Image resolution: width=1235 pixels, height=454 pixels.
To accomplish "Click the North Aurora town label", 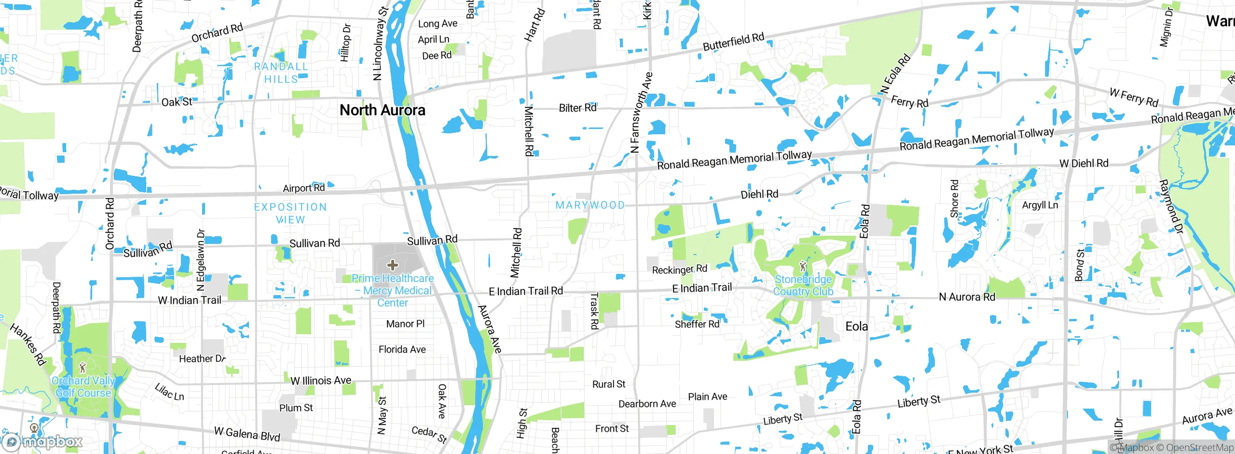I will coord(382,110).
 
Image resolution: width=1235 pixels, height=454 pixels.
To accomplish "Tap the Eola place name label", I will coord(856,326).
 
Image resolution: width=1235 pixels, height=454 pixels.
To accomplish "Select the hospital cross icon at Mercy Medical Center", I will coord(393,265).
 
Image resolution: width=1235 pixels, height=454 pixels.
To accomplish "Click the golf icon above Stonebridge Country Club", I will coord(803,266).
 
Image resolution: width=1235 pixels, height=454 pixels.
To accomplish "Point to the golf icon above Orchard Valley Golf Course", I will coord(82,368).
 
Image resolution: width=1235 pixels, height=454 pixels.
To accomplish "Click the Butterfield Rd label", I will coord(733,42).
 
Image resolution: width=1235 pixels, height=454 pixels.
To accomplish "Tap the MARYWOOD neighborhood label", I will coord(590,205).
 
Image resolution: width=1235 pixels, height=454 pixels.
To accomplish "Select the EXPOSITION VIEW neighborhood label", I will coord(290,213).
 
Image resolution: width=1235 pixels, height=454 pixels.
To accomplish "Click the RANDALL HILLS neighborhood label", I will coord(281,73).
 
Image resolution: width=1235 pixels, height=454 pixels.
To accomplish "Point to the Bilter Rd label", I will coord(577,108).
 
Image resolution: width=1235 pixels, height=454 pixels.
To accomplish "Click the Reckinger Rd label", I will coord(679,270).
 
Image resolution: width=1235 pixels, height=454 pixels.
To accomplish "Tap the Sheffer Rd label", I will coord(697,324).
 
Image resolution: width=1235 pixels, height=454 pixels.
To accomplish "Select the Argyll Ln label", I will coord(1040,205).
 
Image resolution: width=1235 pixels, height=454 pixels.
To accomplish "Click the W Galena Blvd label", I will coord(247,434).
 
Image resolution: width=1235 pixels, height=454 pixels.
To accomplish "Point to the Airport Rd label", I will coord(303,188).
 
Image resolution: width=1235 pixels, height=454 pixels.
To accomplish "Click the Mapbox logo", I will coord(43,441).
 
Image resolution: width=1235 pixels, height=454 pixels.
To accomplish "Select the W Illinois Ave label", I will coord(321,381).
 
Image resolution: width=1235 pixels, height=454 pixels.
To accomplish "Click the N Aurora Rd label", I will coord(967,297).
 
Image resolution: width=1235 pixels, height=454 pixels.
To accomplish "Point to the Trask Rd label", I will coord(594,311).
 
